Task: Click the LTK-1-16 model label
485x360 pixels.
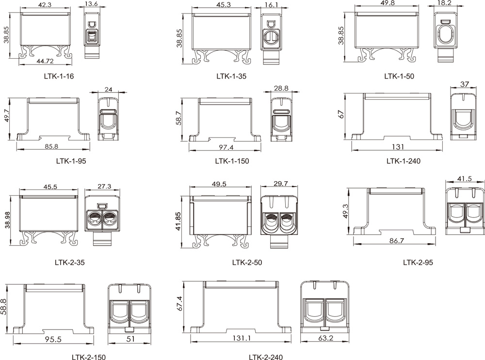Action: [x=59, y=76]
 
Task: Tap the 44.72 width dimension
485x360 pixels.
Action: [x=45, y=61]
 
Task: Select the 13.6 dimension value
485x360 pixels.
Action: [x=91, y=4]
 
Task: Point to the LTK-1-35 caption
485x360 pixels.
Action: [x=231, y=76]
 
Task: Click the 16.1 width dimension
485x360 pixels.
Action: [x=272, y=5]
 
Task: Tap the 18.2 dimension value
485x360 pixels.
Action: [x=444, y=3]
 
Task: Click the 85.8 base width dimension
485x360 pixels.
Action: [x=51, y=146]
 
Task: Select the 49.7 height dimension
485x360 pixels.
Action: [x=7, y=116]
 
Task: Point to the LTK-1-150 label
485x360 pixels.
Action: [x=232, y=161]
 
